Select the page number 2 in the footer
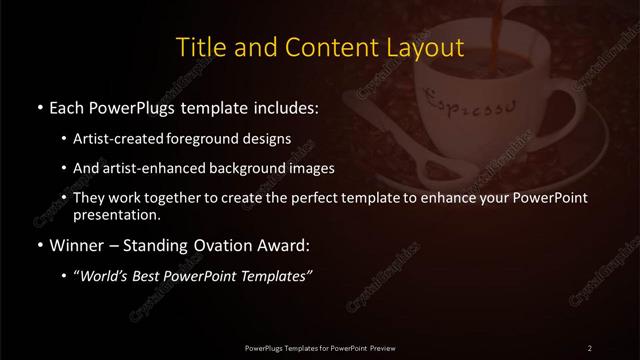[x=589, y=347]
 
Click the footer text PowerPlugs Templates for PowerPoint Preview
[x=320, y=347]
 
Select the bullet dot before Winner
[x=39, y=244]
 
